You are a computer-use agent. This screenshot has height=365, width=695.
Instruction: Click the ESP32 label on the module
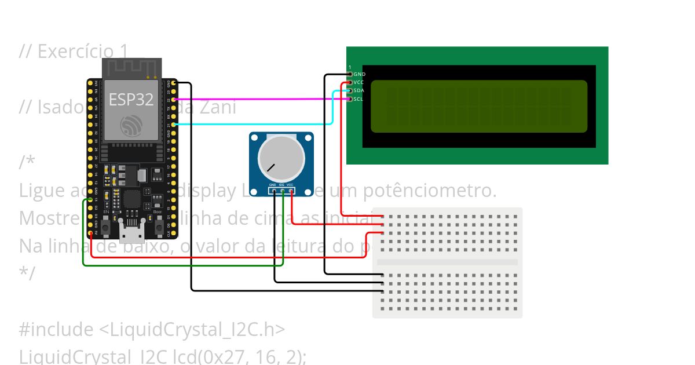[x=131, y=99]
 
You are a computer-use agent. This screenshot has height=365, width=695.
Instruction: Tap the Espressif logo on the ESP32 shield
[x=130, y=126]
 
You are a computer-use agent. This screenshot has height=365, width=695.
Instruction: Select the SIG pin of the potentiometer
[x=282, y=191]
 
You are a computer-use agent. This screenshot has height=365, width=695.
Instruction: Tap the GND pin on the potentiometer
[x=273, y=191]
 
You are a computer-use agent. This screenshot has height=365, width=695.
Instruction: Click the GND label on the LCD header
[x=359, y=74]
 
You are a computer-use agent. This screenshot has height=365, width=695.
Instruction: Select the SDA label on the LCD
[x=359, y=90]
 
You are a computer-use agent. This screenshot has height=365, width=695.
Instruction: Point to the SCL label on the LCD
[x=359, y=99]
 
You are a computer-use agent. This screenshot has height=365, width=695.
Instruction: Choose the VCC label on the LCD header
[x=359, y=82]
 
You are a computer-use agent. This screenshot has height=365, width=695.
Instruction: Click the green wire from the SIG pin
[x=185, y=265]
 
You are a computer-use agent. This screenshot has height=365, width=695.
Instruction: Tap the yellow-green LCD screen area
[x=478, y=106]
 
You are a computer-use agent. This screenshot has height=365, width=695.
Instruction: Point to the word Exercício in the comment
[x=69, y=52]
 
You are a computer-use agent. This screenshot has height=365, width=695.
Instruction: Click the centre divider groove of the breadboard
[x=447, y=262]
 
